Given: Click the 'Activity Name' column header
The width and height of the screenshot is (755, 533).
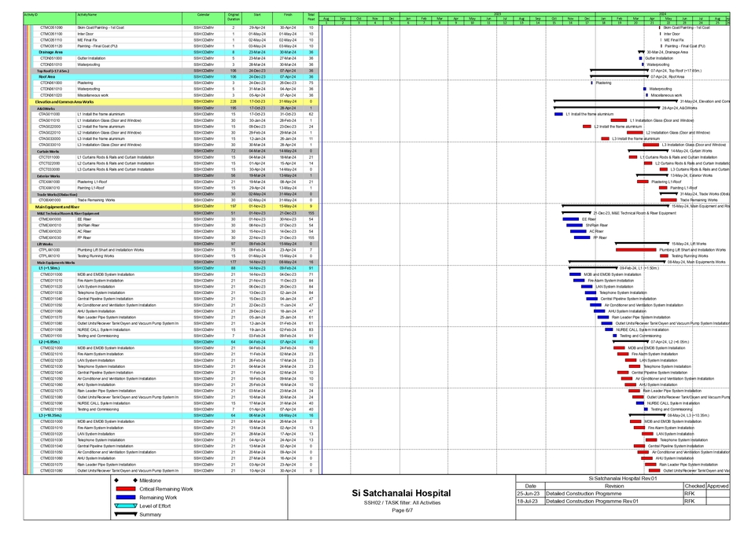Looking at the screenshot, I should click(x=87, y=15).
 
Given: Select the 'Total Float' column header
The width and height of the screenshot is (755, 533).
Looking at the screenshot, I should click(x=311, y=15).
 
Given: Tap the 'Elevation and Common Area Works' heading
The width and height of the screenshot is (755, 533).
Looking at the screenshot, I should click(x=64, y=101).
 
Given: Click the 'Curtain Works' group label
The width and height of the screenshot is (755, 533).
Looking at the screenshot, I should click(x=48, y=151).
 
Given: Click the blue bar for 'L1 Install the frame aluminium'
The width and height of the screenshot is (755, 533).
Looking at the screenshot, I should click(x=558, y=114).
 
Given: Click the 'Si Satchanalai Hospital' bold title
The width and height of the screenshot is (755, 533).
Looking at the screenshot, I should click(x=403, y=493).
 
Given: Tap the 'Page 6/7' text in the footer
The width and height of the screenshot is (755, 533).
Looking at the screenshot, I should click(x=403, y=510).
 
